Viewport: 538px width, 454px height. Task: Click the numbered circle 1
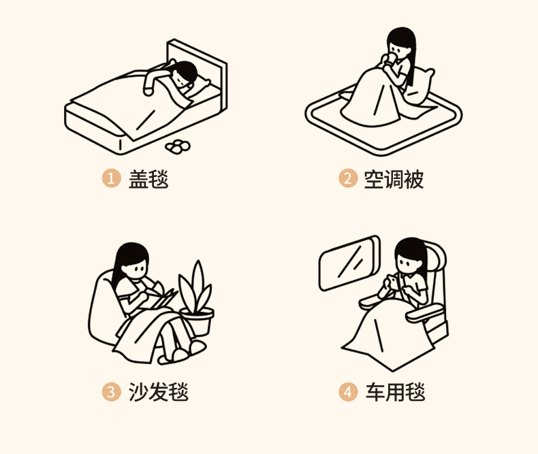coord(111,178)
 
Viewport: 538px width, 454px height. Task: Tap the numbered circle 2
coord(348,178)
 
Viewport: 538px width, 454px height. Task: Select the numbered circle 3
coord(111,391)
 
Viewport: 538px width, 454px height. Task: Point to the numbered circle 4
coord(348,391)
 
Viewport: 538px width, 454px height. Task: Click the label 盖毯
coord(148,178)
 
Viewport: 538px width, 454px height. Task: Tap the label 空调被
coord(394,178)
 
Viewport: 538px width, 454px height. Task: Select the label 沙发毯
coord(159,392)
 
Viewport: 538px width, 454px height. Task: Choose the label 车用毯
coord(395,392)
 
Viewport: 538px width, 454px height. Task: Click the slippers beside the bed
coord(178,146)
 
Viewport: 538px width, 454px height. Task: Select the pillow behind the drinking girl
coord(419,86)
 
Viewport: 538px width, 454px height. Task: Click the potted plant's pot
coord(197,321)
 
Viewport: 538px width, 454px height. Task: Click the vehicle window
coord(349,263)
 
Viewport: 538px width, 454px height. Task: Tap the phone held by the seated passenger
coord(393,282)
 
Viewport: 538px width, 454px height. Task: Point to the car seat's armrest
coord(425,312)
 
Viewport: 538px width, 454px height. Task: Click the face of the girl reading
coord(136,267)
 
